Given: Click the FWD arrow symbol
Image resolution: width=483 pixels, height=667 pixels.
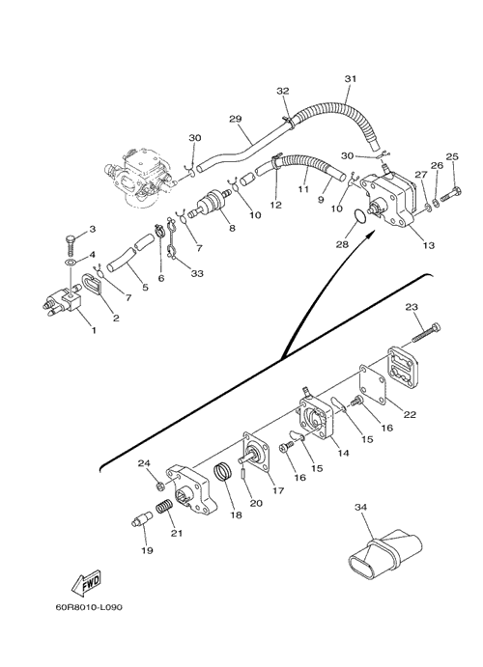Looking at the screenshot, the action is click(86, 582).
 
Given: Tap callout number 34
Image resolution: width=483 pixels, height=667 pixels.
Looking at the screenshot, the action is click(361, 507).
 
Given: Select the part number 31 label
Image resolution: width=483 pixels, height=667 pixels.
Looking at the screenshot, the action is click(351, 79).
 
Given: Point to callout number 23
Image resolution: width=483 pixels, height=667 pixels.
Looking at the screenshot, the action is click(412, 307).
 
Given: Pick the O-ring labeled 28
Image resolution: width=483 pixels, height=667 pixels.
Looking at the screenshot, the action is click(359, 216).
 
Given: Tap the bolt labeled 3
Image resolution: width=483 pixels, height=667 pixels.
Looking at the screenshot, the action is click(71, 244).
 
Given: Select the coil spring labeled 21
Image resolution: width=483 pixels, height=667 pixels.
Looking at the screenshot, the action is click(164, 508).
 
